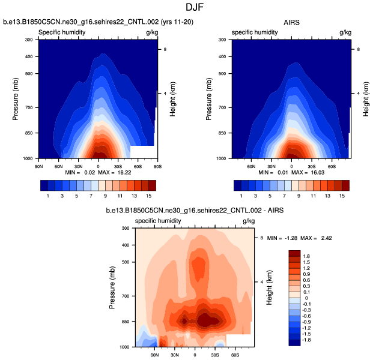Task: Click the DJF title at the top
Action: pos(186,8)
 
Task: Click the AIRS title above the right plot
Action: pos(291,23)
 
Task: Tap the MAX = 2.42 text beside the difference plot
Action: pos(319,238)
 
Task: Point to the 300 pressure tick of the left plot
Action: pos(29,40)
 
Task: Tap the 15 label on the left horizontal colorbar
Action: pos(148,196)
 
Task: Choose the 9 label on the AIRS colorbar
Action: pos(292,196)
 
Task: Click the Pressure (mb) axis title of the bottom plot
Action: pos(113,288)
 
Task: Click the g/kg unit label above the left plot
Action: pos(151,32)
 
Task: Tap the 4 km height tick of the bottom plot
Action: pos(262,282)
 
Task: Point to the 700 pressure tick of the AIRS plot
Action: pos(222,107)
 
